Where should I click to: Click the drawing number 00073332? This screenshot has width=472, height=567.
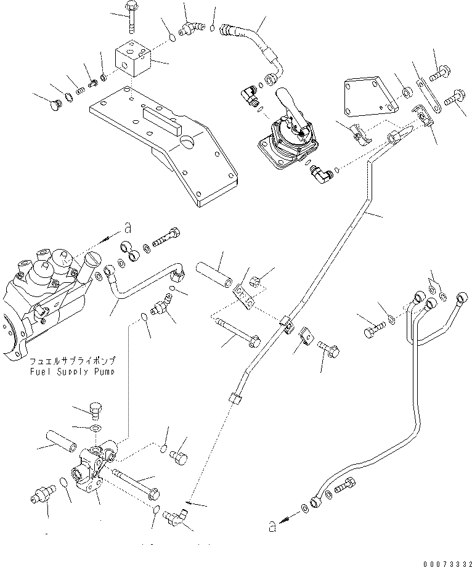coord(447,564)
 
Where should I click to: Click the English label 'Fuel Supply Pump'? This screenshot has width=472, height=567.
coord(73,372)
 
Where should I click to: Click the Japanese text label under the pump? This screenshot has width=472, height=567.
coord(73,361)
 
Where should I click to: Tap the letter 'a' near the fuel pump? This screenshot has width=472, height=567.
coord(127,228)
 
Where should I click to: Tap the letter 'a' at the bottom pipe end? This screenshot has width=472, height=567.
coord(273,527)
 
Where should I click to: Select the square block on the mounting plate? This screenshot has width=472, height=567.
coord(133,58)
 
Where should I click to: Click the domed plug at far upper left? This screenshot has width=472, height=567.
coord(55,105)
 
